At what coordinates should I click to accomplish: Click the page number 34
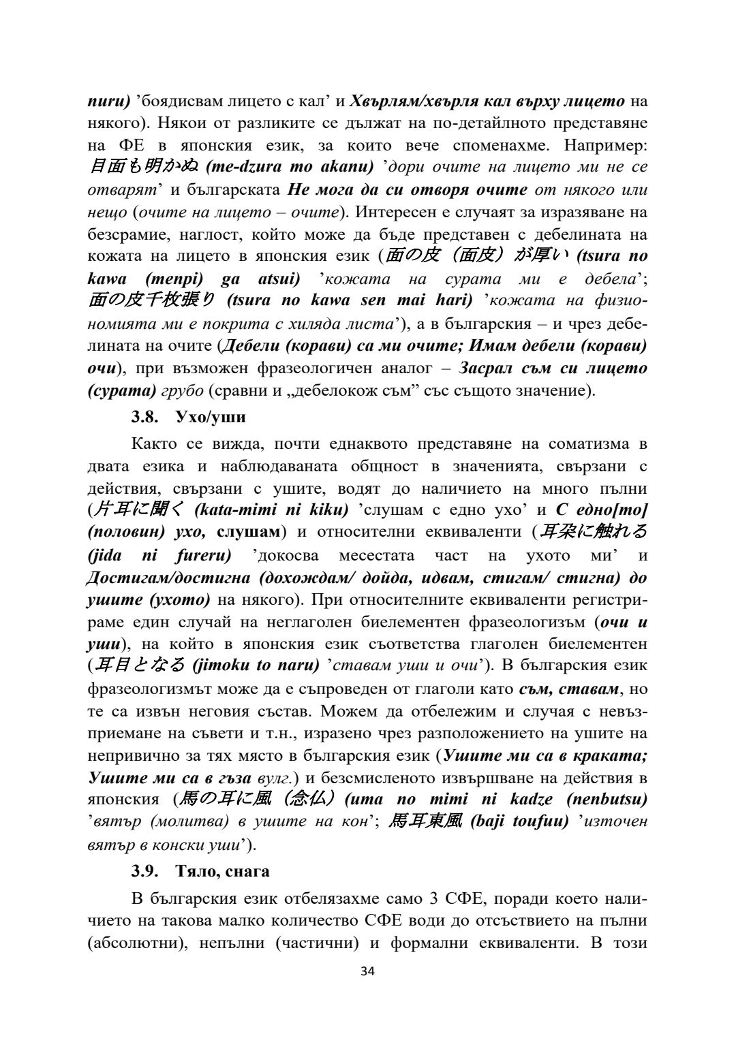coord(367,971)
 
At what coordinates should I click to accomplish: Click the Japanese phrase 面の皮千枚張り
coord(151,301)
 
